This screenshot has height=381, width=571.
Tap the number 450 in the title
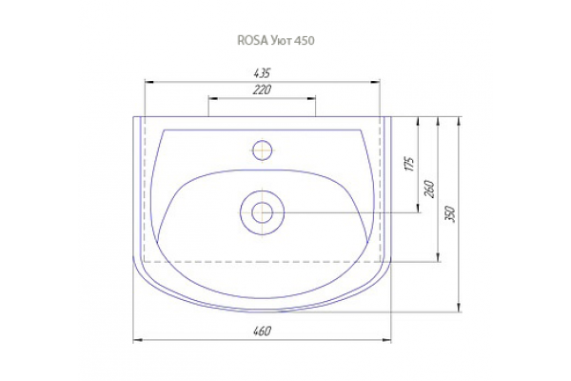(x=305, y=40)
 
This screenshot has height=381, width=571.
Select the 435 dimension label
(x=262, y=73)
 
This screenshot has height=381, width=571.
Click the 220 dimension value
(x=262, y=90)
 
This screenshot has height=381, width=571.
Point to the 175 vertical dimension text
(x=409, y=164)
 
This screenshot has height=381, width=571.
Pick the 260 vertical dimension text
(x=430, y=189)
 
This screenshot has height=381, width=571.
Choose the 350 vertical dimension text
(x=450, y=214)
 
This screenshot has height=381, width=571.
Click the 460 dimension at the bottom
(x=262, y=331)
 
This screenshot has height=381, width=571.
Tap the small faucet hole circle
(x=263, y=150)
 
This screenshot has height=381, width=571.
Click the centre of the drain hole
(x=263, y=213)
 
